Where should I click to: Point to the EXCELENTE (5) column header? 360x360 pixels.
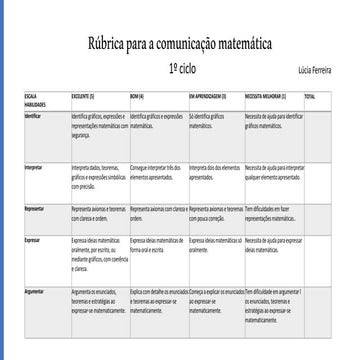[x=83, y=96]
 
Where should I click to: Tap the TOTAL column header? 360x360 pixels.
[x=310, y=96]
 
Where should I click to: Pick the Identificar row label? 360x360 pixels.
[x=34, y=116]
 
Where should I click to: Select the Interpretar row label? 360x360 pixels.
[x=35, y=167]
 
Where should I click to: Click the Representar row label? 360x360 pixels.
[x=36, y=208]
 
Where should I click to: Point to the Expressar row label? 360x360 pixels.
[x=34, y=241]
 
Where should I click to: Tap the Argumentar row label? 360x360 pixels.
[x=36, y=290]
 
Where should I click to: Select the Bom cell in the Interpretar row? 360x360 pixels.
[x=157, y=171]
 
